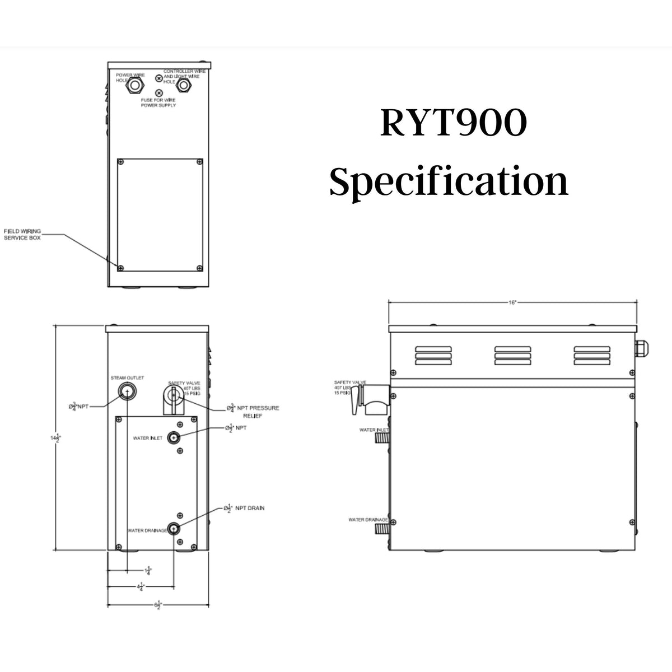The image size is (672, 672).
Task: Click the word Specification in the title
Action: pyautogui.click(x=449, y=182)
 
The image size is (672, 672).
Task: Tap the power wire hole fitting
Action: pyautogui.click(x=136, y=86)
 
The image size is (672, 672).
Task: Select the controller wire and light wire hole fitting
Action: pyautogui.click(x=183, y=86)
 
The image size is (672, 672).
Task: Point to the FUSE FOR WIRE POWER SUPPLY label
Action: pyautogui.click(x=158, y=102)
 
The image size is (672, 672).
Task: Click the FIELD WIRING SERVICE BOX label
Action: pyautogui.click(x=22, y=234)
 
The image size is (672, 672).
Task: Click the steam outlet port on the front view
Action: pyautogui.click(x=127, y=391)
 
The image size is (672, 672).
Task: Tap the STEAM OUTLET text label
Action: pyautogui.click(x=127, y=378)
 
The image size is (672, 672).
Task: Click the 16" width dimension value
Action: pyautogui.click(x=512, y=302)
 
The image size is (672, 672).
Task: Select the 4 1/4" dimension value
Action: pyautogui.click(x=141, y=587)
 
